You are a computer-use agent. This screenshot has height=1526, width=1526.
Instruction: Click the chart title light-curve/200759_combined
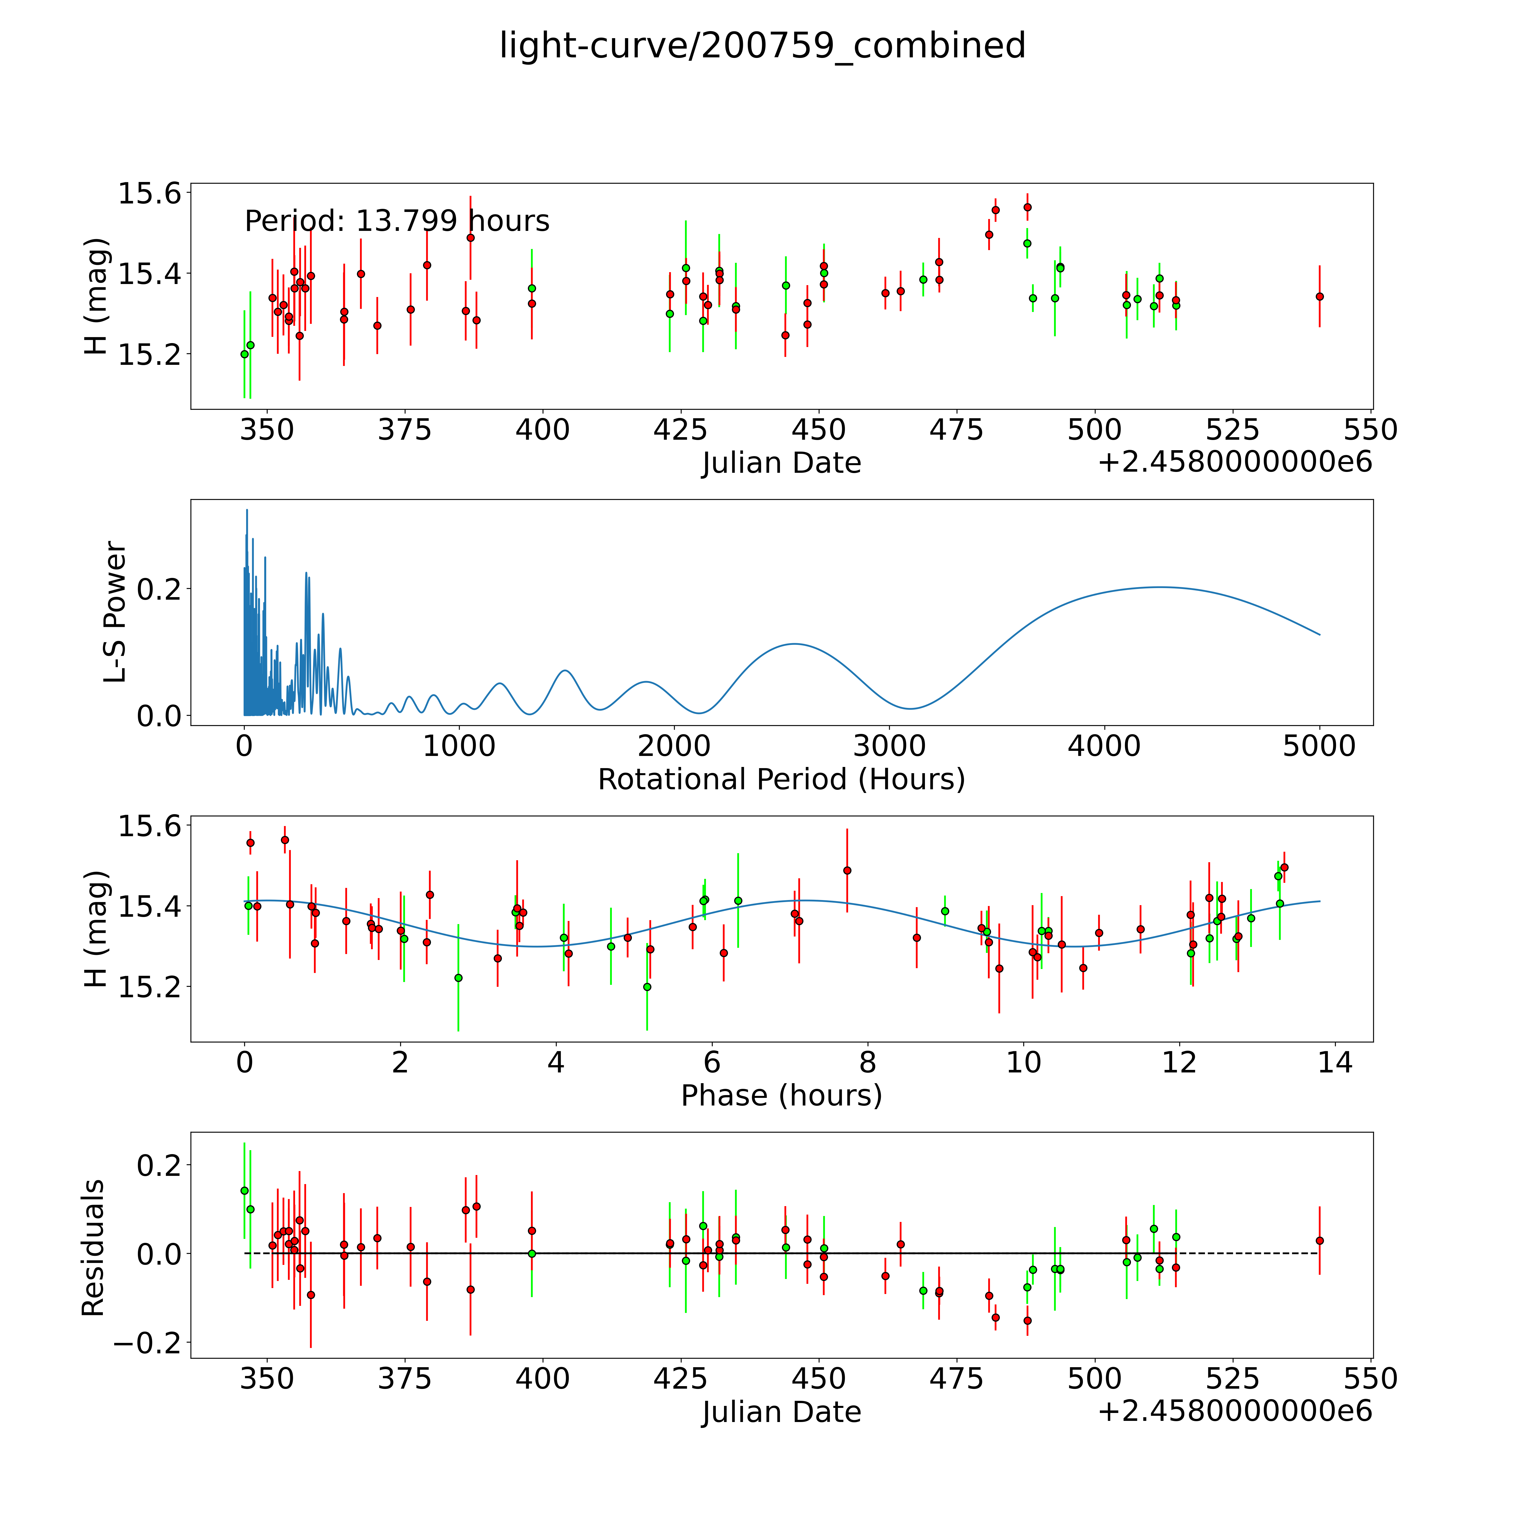(x=762, y=46)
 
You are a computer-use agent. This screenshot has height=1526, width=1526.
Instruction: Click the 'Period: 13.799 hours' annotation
(x=396, y=221)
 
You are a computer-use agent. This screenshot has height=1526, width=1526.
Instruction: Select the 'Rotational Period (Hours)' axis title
(x=781, y=780)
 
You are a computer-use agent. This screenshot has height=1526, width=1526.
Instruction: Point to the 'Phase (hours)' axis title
(x=781, y=1096)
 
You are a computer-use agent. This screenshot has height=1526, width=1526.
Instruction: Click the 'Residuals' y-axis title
(x=93, y=1248)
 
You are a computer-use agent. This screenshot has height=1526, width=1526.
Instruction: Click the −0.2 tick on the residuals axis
(x=148, y=1343)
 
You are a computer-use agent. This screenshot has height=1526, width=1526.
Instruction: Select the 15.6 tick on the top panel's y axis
(x=149, y=194)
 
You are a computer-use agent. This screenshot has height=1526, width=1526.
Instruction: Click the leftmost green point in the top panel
(x=244, y=354)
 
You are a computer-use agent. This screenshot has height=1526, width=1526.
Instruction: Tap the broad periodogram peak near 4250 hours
(x=1159, y=587)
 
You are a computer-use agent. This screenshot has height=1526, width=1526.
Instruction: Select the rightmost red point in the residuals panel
(x=1319, y=1241)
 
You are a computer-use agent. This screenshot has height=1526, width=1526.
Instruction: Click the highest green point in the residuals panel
(x=244, y=1190)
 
